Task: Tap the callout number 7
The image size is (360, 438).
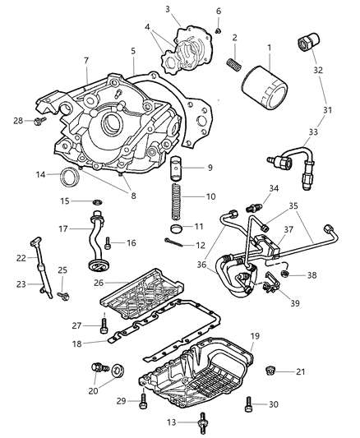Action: (86, 60)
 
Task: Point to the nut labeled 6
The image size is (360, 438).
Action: (219, 31)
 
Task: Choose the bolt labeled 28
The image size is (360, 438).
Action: (39, 123)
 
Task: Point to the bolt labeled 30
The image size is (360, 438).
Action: (252, 403)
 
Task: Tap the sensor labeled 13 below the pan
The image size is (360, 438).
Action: (178, 426)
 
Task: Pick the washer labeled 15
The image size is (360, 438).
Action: (96, 201)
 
